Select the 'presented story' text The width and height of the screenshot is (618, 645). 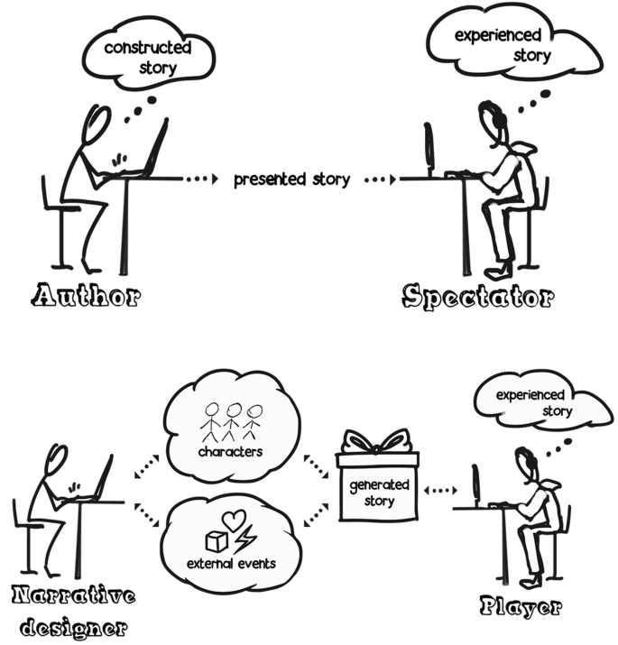pos(291,179)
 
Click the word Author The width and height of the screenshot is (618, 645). pos(86,295)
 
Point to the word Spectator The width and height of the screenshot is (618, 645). pos(477,296)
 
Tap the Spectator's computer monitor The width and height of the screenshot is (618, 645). pos(429,149)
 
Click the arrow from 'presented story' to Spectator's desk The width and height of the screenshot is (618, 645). pos(380,179)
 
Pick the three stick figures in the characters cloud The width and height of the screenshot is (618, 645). pos(232,420)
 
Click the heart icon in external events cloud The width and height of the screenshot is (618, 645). pos(234,521)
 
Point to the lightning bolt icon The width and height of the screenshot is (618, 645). pos(244,540)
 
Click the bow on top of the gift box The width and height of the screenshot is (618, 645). pos(377,442)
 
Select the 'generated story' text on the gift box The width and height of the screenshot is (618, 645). pos(378,493)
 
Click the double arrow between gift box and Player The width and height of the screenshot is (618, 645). pos(440,491)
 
